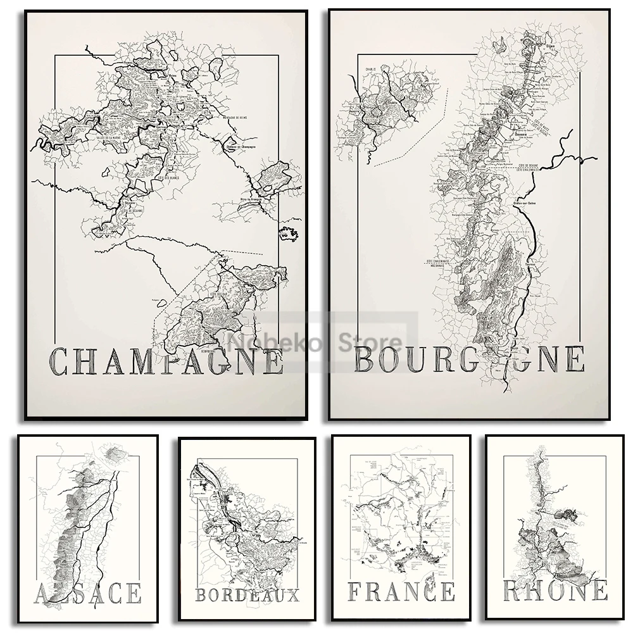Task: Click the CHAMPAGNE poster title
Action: (166, 361)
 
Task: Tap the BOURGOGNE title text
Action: (469, 358)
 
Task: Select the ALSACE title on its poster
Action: (89, 594)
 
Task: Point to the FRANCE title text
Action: (401, 591)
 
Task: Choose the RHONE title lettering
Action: (555, 591)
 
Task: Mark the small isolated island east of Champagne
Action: (288, 234)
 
